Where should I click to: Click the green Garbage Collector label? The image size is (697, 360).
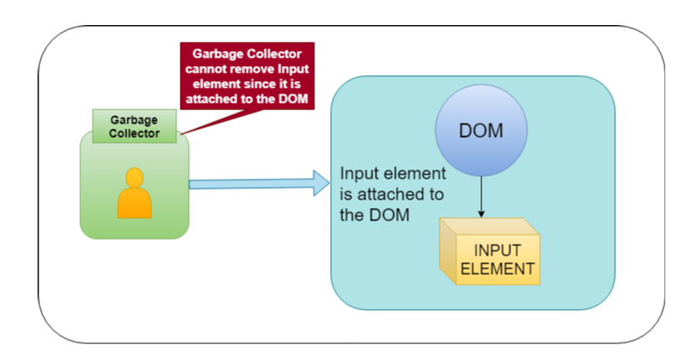[134, 125]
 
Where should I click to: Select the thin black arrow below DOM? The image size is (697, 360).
[481, 197]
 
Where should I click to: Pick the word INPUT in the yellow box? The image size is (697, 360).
[498, 251]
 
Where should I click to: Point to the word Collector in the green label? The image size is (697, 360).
[134, 132]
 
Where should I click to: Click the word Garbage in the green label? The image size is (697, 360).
[134, 119]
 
